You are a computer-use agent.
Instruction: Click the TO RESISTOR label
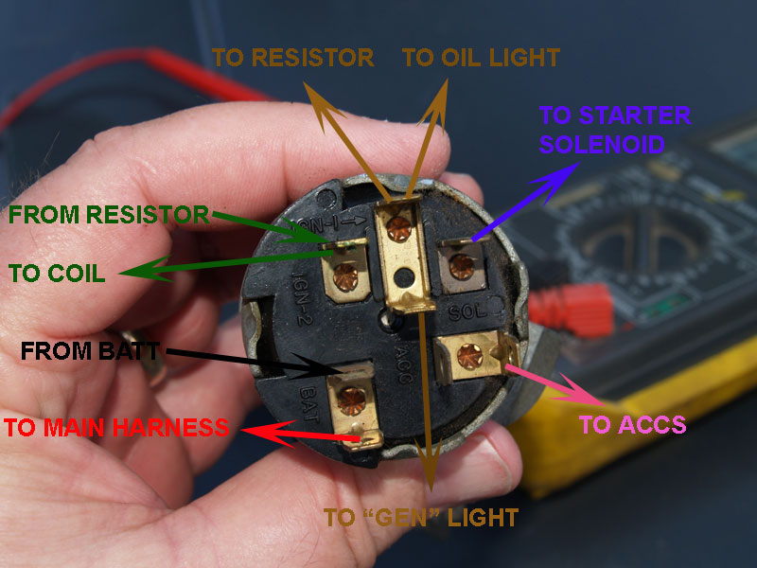click(292, 58)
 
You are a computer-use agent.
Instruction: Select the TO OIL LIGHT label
click(481, 58)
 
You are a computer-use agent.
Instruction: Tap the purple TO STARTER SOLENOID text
click(614, 130)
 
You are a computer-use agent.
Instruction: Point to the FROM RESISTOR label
click(109, 215)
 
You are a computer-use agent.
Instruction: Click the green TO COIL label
click(57, 274)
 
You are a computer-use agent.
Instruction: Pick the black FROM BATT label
click(90, 351)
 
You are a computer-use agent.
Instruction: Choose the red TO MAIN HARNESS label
click(116, 428)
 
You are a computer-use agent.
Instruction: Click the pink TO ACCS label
click(632, 425)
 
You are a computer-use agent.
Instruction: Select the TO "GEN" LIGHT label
click(421, 518)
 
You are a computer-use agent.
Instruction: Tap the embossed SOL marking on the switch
click(467, 312)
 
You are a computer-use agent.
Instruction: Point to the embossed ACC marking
click(403, 364)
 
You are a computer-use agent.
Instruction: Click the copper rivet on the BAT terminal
click(351, 401)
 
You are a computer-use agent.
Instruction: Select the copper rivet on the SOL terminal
click(461, 267)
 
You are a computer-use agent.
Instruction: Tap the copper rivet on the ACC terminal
click(469, 357)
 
